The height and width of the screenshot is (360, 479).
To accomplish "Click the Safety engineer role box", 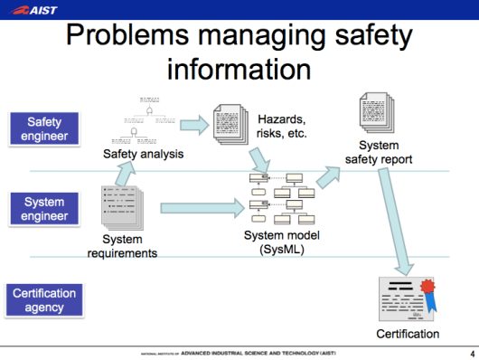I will pyautogui.click(x=45, y=128).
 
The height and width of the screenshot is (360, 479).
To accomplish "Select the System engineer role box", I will pyautogui.click(x=45, y=210).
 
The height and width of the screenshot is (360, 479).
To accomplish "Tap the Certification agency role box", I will pyautogui.click(x=45, y=300).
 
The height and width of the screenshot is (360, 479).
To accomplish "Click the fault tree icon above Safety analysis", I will pyautogui.click(x=140, y=120).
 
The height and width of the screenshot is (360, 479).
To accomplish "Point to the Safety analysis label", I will pyautogui.click(x=143, y=154).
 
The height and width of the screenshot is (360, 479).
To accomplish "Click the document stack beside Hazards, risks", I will pyautogui.click(x=230, y=124).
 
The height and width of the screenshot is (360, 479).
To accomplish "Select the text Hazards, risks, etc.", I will pyautogui.click(x=282, y=127).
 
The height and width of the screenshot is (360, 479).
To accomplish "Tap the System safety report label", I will pyautogui.click(x=379, y=153).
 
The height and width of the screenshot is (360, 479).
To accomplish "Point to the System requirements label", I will pyautogui.click(x=122, y=246).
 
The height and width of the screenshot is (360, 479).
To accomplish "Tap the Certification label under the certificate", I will pyautogui.click(x=408, y=335).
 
